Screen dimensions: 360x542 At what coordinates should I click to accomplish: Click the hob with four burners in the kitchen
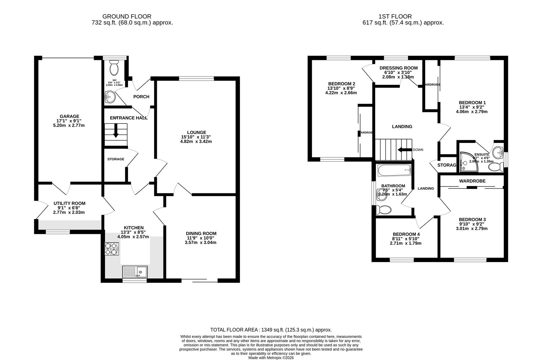(112, 249)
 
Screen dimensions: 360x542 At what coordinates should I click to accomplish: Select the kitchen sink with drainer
(135, 272)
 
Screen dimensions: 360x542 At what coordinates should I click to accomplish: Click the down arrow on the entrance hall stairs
(116, 131)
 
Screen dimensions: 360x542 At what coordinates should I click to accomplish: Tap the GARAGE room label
(69, 116)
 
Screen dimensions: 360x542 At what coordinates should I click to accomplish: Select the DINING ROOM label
(201, 233)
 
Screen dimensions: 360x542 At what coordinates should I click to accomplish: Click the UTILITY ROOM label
(69, 203)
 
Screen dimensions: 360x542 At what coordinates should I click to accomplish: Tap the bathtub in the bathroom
(395, 171)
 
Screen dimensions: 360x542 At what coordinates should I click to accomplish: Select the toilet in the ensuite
(496, 167)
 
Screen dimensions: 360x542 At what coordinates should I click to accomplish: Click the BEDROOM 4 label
(406, 234)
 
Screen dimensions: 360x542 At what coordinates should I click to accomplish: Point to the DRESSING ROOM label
(398, 68)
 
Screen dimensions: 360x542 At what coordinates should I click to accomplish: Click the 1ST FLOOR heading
(395, 16)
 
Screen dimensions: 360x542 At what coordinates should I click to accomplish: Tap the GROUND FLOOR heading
(127, 16)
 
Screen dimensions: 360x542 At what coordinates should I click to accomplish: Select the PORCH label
(141, 97)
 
